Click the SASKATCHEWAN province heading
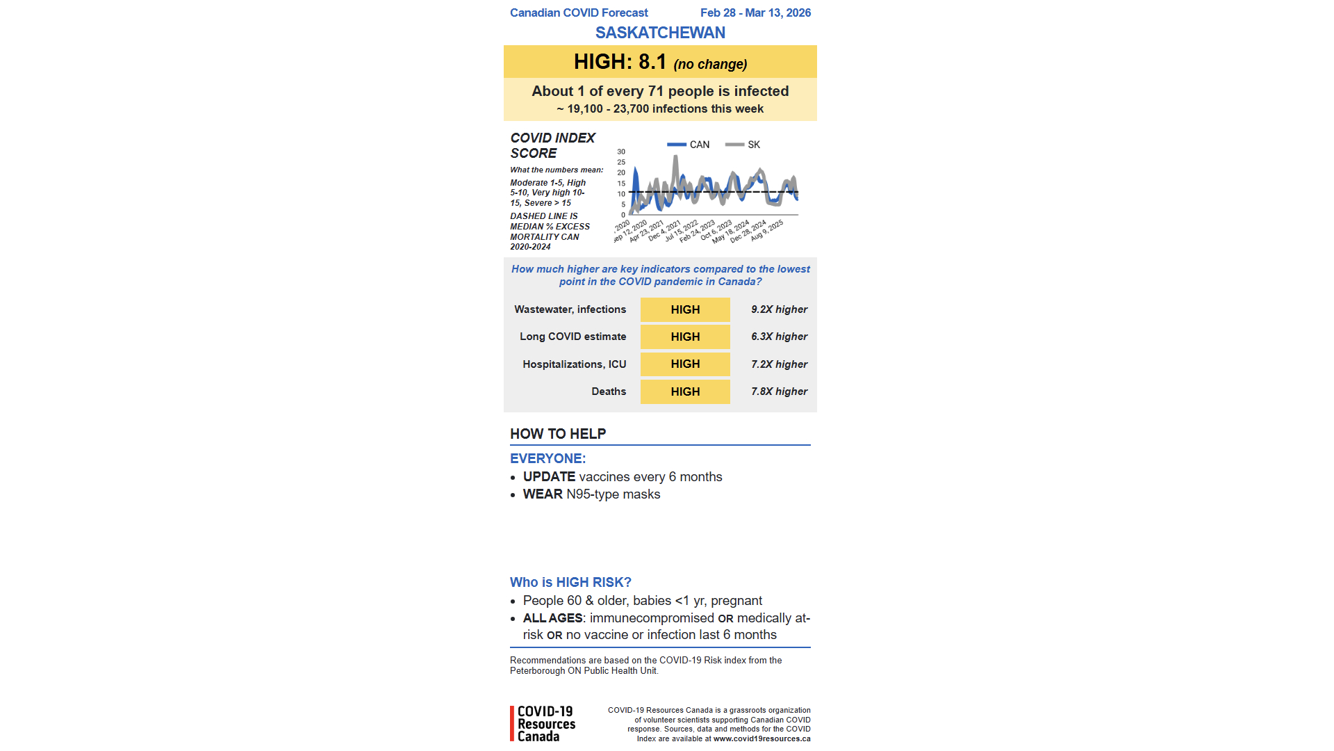coord(660,33)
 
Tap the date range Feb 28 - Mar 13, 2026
coord(755,13)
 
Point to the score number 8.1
coord(652,62)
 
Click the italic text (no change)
coord(710,64)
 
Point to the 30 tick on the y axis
coord(621,152)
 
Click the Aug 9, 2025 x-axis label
coord(767,230)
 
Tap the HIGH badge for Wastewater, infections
coord(685,309)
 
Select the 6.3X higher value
coord(779,337)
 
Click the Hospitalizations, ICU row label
coord(574,364)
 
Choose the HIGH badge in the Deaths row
coord(685,391)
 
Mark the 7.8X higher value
coord(779,391)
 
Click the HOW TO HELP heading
coord(558,434)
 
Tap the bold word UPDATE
coord(549,477)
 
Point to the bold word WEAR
coord(543,494)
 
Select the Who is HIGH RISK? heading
coord(570,583)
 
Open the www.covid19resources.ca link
coord(761,738)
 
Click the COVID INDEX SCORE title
coord(552,145)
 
